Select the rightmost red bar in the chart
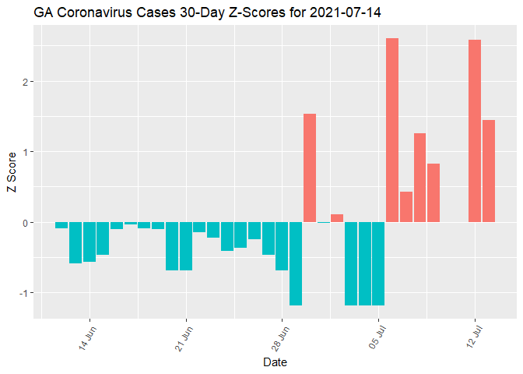[489, 171]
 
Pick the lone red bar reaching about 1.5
[310, 168]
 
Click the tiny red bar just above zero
[337, 218]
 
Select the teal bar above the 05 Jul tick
[378, 263]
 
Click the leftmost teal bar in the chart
[61, 225]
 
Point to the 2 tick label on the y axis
[27, 82]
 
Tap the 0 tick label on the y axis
[27, 223]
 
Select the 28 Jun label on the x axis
[283, 340]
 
